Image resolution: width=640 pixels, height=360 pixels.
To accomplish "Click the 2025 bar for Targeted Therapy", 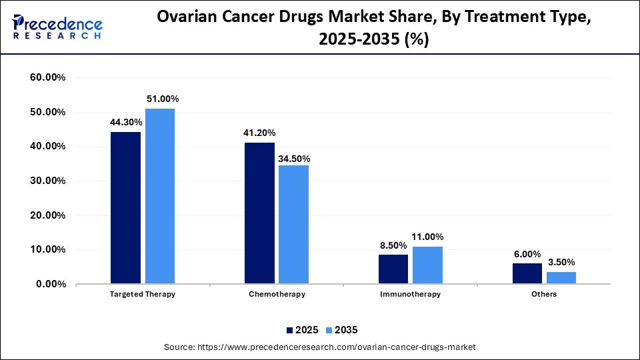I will point(125,208).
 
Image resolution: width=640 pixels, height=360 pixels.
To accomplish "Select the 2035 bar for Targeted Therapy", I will point(160,197).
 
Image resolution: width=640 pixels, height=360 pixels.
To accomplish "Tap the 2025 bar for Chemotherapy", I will point(259,213).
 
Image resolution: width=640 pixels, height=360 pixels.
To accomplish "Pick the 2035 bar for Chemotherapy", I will point(293,225).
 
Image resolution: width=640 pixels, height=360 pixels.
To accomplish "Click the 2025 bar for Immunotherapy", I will point(393,269).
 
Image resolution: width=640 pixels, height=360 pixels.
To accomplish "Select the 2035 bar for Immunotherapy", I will point(427,265).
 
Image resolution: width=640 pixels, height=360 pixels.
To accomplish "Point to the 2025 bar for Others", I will point(527,273).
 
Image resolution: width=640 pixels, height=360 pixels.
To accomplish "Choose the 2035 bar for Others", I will point(561,278).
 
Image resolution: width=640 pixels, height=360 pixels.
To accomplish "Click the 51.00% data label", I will point(163,99).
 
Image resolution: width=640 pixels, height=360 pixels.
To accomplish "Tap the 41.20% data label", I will point(259,133).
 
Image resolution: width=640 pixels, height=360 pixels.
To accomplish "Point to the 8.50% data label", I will point(393,245).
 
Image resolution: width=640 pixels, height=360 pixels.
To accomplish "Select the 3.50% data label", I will point(561,262).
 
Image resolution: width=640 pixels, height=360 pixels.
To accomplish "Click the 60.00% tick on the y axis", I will point(48,78).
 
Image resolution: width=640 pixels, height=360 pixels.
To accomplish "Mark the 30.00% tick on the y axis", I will point(48,181).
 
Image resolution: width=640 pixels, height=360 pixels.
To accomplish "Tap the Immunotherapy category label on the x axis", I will point(411,294).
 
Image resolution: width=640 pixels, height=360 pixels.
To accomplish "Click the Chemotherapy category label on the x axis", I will point(277,294).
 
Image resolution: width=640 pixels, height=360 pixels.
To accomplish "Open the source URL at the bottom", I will point(319,347).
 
